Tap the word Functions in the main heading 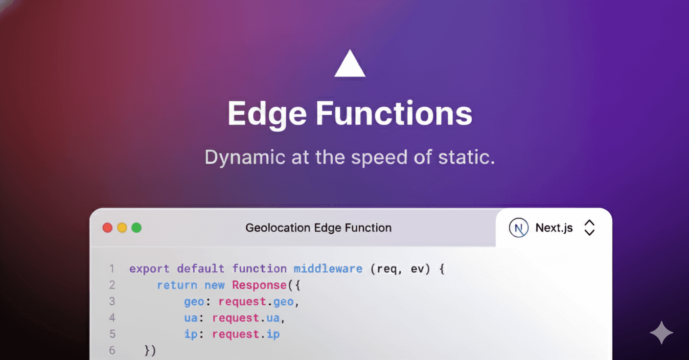coord(394,113)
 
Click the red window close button coord(107,227)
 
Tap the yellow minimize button coord(122,227)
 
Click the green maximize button coord(137,227)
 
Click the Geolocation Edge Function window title coord(319,228)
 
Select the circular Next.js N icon coord(519,228)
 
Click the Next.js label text coord(554,228)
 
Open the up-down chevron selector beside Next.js coord(590,228)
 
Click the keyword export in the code coord(149,269)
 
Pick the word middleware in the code coord(328,269)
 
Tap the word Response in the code coord(259,285)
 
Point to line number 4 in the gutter coord(112,318)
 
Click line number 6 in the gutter coord(112,351)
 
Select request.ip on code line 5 coord(246,335)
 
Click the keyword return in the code coord(177,285)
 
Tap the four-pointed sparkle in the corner coord(661,333)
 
